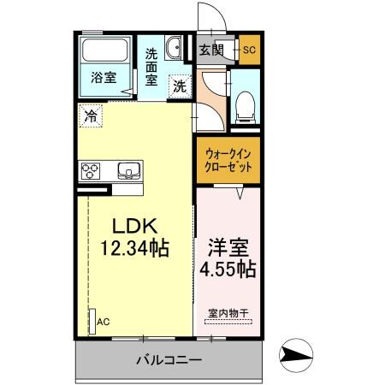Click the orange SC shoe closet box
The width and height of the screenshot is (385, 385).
point(249,49)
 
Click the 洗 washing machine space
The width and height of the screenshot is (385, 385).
point(180,85)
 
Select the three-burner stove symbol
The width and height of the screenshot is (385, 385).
point(91,170)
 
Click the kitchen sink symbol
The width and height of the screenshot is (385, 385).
point(129,170)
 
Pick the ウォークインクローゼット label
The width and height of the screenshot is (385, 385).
point(228,161)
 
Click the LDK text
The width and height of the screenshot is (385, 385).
point(135,228)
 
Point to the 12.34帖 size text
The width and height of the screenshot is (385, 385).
point(134,250)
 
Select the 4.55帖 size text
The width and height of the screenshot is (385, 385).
point(228,269)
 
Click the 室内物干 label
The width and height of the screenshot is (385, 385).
point(227,314)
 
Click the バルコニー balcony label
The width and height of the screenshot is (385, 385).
point(169,359)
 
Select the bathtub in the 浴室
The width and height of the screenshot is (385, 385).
point(105,56)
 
